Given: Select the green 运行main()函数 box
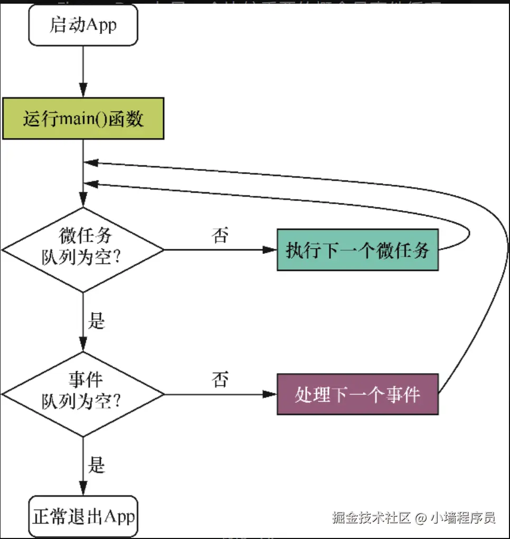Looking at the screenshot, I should [83, 119].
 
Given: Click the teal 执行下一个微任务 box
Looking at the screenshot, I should [357, 250].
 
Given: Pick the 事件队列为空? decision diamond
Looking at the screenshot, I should [83, 394].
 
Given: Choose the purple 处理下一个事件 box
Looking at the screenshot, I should [357, 394].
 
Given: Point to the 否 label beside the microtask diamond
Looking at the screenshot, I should [220, 235].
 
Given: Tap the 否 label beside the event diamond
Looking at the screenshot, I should [220, 379].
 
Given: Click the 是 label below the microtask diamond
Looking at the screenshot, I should [97, 320].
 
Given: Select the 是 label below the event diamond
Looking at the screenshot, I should [97, 465].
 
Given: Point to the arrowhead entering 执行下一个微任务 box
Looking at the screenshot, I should [270, 250].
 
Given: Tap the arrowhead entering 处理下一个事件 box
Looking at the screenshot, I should [270, 394].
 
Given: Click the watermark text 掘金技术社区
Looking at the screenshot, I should [371, 517].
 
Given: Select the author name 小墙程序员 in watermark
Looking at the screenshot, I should [464, 517].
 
